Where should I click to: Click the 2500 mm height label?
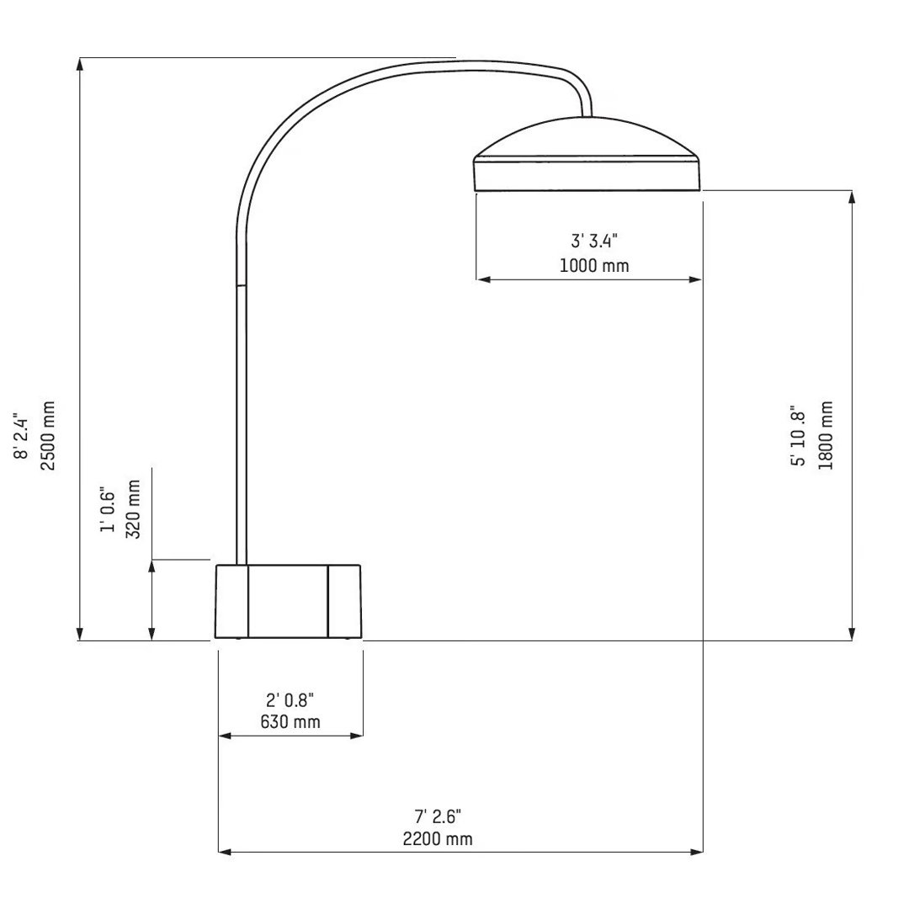point(48,435)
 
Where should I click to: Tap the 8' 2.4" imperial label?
point(22,435)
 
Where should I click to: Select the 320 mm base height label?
point(133,509)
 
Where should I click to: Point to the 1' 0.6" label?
point(107,509)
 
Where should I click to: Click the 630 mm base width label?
point(290,722)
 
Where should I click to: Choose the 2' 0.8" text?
point(290,699)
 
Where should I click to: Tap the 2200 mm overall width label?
point(439,838)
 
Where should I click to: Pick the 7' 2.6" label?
point(439,816)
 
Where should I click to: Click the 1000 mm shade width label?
point(594,266)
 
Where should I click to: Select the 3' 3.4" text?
point(594,242)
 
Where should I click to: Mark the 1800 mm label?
point(826,435)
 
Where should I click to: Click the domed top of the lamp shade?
point(587,136)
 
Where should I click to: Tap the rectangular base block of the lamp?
point(288,601)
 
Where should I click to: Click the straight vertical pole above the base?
point(242,421)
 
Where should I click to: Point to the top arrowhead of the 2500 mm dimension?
point(80,64)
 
